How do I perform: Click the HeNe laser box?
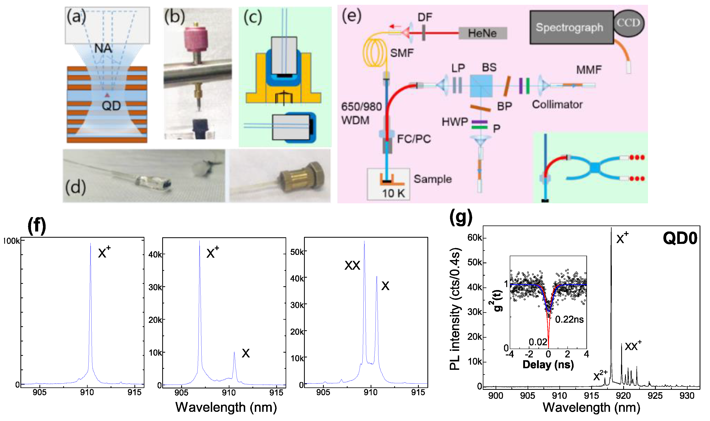pos(483,33)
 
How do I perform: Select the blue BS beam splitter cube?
pos(481,86)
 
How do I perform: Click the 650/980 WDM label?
pos(361,114)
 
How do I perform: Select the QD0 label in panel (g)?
pos(680,238)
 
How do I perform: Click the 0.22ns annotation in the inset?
pos(569,320)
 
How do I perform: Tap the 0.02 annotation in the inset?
pos(538,342)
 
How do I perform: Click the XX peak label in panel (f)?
pos(352,265)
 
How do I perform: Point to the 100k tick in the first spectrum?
pos(11,241)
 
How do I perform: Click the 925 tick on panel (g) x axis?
pos(655,395)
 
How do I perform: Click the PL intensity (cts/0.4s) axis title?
pos(455,309)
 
